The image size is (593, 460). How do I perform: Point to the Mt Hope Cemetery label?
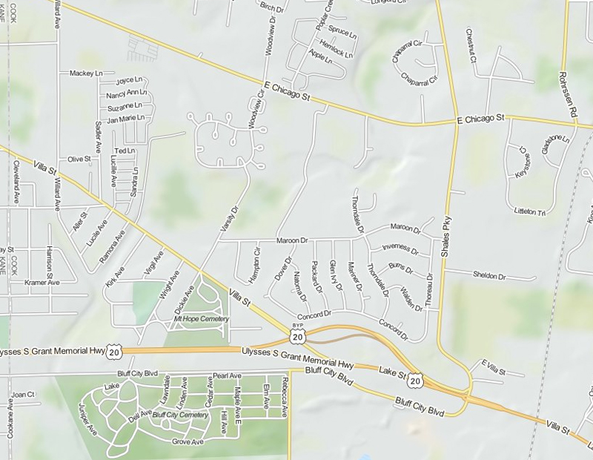pyautogui.click(x=202, y=319)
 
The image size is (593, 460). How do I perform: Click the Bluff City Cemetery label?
pyautogui.click(x=179, y=415)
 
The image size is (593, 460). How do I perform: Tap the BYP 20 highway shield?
pyautogui.click(x=297, y=334)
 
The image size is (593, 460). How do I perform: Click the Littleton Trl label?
pyautogui.click(x=529, y=211)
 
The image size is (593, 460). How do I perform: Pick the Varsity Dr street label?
pyautogui.click(x=227, y=223)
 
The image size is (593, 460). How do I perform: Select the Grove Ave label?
pyautogui.click(x=188, y=442)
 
